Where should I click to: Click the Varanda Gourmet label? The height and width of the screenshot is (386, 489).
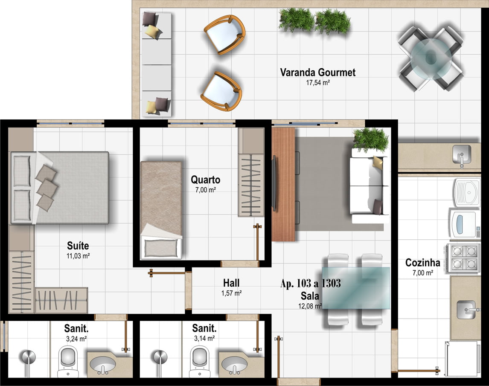(x=317, y=73)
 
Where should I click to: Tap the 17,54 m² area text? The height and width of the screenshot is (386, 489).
(x=318, y=83)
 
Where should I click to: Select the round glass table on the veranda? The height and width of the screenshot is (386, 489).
(x=431, y=58)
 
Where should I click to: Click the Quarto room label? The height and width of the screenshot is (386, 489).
(x=205, y=180)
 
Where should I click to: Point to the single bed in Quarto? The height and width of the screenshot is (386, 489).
(x=161, y=210)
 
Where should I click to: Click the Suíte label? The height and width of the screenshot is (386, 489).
(x=78, y=245)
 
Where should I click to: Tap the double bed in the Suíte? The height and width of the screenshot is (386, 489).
(x=60, y=188)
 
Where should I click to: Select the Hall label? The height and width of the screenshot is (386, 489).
(x=231, y=283)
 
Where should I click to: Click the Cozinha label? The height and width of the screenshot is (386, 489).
(x=422, y=263)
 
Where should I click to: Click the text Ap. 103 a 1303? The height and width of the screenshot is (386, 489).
(x=311, y=283)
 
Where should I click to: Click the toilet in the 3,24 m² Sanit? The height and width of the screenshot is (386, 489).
(x=68, y=360)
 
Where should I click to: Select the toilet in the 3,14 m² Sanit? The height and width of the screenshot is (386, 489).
(x=199, y=360)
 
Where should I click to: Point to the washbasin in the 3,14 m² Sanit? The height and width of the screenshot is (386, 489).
(x=234, y=364)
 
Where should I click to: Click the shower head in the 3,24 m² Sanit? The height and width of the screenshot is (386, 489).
(x=28, y=357)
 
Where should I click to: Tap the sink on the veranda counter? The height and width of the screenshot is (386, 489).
(x=462, y=154)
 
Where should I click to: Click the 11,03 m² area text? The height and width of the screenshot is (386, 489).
(x=78, y=256)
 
